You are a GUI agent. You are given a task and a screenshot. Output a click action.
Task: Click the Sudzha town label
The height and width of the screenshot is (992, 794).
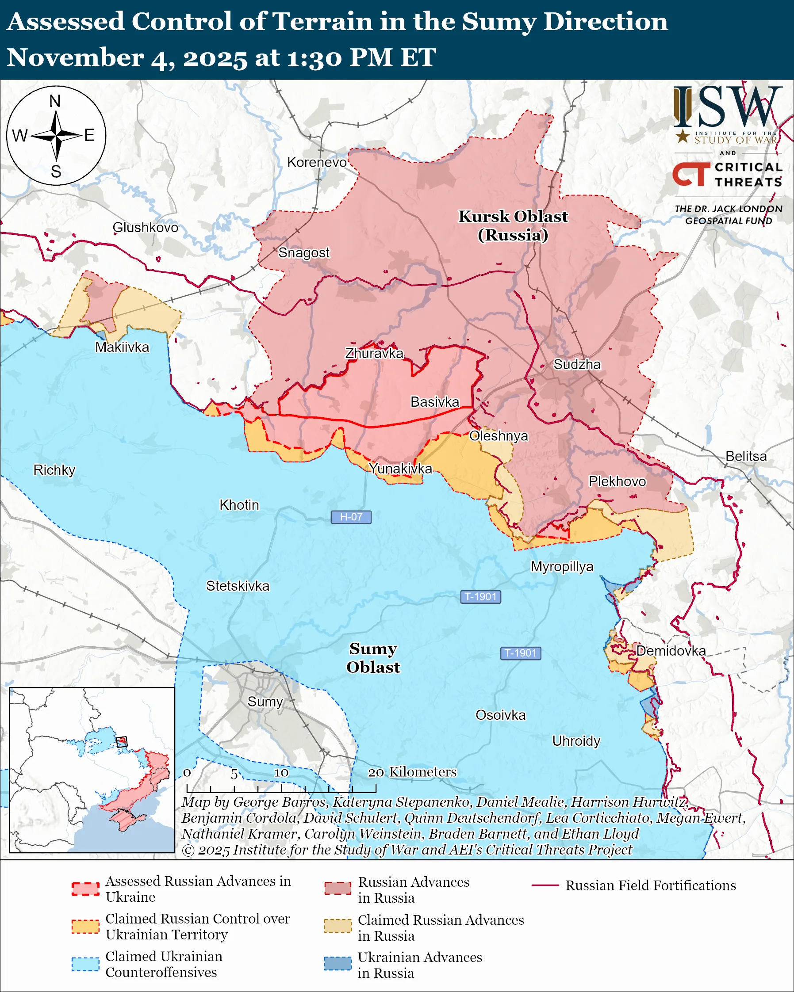[577, 364]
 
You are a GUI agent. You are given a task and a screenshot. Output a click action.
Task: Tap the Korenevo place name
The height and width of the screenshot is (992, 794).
[317, 162]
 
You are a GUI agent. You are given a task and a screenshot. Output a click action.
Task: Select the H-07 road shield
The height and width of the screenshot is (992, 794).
[351, 517]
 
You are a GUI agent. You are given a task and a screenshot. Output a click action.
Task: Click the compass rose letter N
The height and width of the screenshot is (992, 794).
[55, 101]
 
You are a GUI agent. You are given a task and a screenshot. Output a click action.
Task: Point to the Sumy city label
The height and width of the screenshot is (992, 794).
[265, 701]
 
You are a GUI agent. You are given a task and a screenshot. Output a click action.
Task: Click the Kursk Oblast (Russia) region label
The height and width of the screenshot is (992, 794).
[513, 225]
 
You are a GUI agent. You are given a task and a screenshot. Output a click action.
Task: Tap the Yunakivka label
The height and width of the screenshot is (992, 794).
[400, 469]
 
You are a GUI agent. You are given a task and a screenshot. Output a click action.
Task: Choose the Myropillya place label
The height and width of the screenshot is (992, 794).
[562, 566]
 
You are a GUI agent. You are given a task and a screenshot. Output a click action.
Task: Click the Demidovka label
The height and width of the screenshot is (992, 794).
[671, 651]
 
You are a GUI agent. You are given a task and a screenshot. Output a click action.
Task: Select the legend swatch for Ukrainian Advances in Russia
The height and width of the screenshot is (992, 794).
[338, 963]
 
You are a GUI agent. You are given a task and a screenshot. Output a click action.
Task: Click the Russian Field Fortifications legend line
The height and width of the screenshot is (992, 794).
[545, 886]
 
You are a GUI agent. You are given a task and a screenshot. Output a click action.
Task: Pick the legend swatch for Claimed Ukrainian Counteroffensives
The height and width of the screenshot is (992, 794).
[85, 964]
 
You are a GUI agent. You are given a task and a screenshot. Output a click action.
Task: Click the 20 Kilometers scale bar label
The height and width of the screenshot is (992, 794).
[412, 772]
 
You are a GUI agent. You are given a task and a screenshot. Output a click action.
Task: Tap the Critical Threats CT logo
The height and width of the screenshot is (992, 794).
[691, 174]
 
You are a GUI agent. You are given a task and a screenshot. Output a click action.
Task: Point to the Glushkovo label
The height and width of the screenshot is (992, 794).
[145, 227]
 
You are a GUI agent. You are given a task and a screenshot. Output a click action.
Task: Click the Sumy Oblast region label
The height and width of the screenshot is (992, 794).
[373, 658]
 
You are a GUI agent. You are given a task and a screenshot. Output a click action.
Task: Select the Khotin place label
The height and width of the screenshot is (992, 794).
[239, 505]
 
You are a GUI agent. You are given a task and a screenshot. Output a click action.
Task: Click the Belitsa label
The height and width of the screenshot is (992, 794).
[746, 456]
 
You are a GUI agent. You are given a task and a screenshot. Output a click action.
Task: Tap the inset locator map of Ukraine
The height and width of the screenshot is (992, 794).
[92, 769]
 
